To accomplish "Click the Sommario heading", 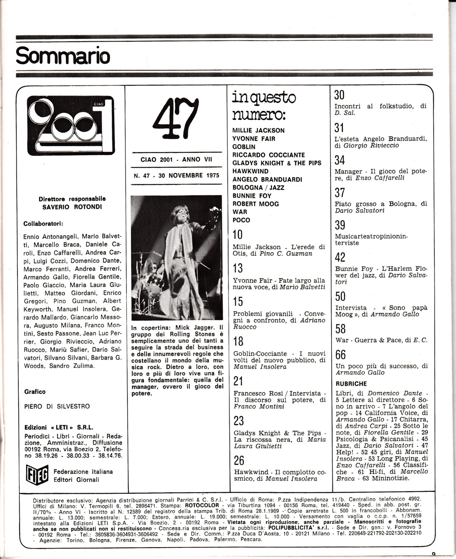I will click(x=63, y=56).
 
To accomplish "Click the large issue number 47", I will click(x=175, y=119).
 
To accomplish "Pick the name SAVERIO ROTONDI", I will click(x=70, y=206).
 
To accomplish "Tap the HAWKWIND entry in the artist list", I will click(x=250, y=171).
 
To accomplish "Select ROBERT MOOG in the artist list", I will click(x=255, y=204).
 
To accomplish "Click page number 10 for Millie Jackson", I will click(x=238, y=234).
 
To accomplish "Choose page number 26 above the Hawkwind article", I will click(x=239, y=461).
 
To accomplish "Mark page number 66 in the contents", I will click(x=340, y=354).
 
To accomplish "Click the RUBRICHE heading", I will click(x=351, y=384).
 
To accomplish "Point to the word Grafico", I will click(x=35, y=392).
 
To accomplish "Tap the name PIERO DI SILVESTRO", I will click(x=57, y=406).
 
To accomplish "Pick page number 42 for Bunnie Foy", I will click(x=340, y=258).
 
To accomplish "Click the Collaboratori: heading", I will click(x=43, y=224).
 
